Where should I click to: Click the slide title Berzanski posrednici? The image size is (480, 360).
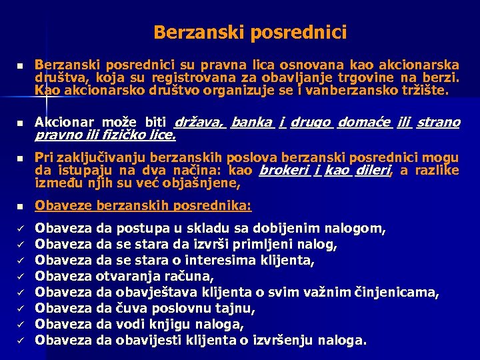249,31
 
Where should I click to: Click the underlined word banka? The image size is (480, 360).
252,123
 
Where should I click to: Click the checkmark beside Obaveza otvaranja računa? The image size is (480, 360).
21,276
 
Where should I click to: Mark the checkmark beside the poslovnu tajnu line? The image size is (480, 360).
21,308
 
